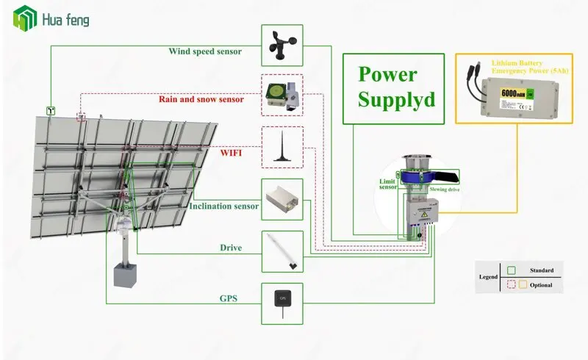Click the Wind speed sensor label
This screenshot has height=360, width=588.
coord(214,51)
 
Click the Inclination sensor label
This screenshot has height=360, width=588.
coord(223,206)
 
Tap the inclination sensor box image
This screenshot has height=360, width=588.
coord(282,198)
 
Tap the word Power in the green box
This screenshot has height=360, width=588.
coord(388,74)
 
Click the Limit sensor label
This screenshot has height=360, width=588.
coord(387,183)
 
